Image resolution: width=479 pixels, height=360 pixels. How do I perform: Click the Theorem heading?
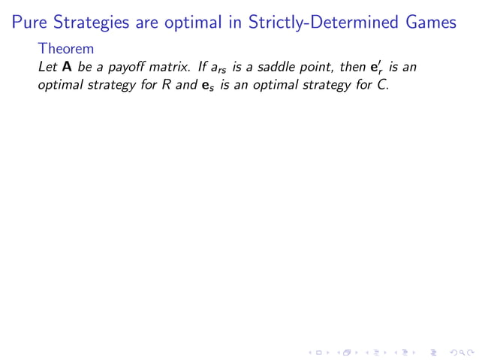(x=65, y=50)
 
